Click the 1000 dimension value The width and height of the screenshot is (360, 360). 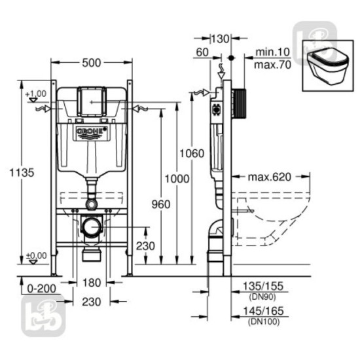(177, 179)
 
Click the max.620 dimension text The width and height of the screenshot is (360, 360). (269, 177)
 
